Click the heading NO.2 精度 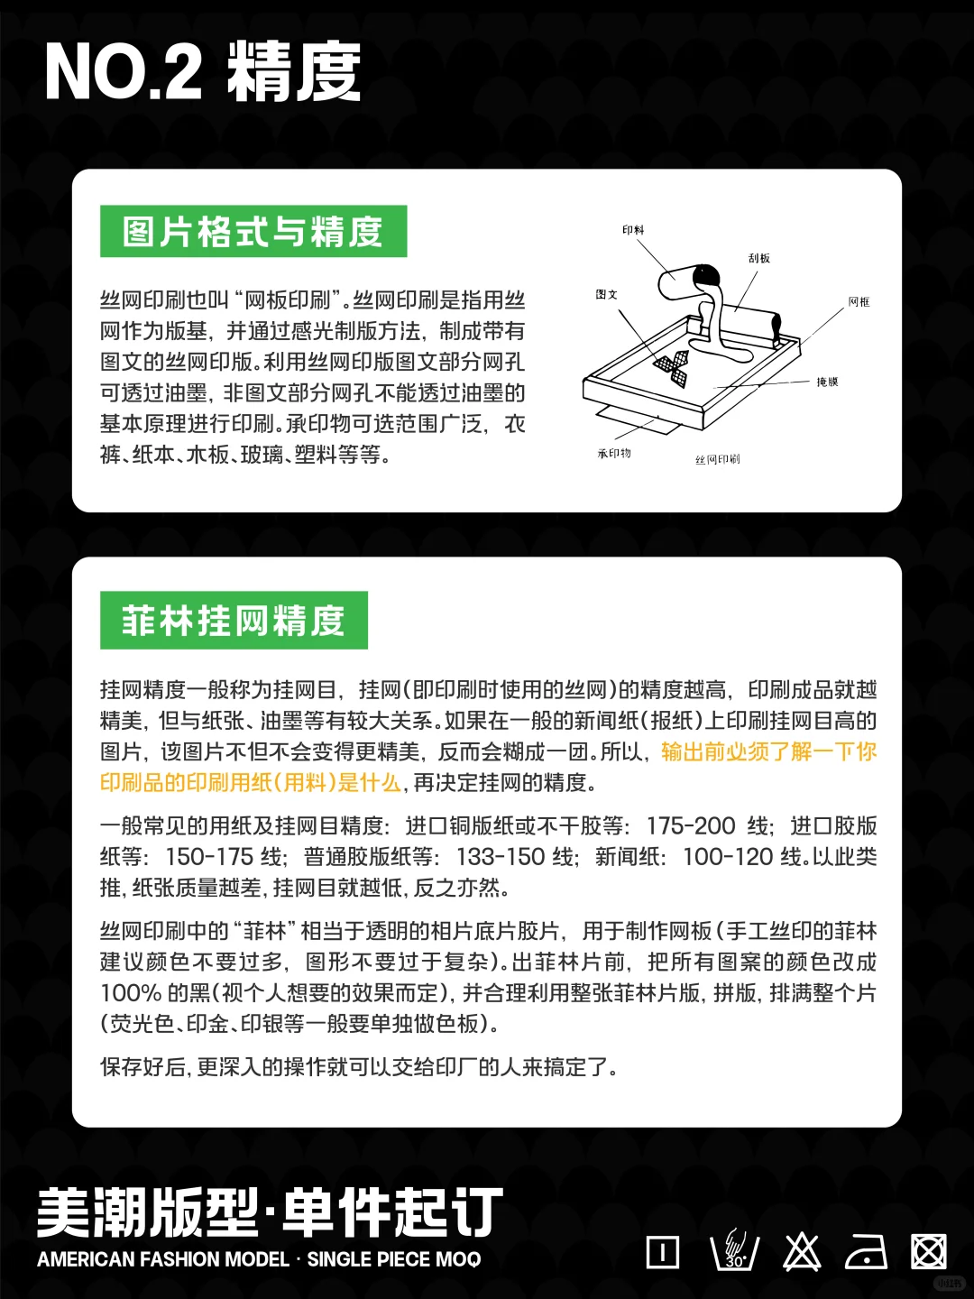point(203,72)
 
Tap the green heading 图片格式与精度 point(253,232)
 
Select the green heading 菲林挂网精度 point(234,621)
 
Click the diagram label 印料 point(633,230)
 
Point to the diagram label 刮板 point(758,258)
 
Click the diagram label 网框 point(859,302)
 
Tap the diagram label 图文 point(606,295)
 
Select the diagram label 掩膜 point(827,382)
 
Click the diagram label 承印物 point(614,454)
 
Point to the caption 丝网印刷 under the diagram point(717,460)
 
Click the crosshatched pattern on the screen point(672,367)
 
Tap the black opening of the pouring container point(707,272)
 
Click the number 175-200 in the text point(691,826)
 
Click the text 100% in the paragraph point(130,993)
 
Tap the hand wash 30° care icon point(734,1252)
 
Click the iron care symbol point(866,1252)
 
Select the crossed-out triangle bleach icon point(801,1252)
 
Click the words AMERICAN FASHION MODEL point(163,1259)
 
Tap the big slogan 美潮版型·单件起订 point(269,1212)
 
